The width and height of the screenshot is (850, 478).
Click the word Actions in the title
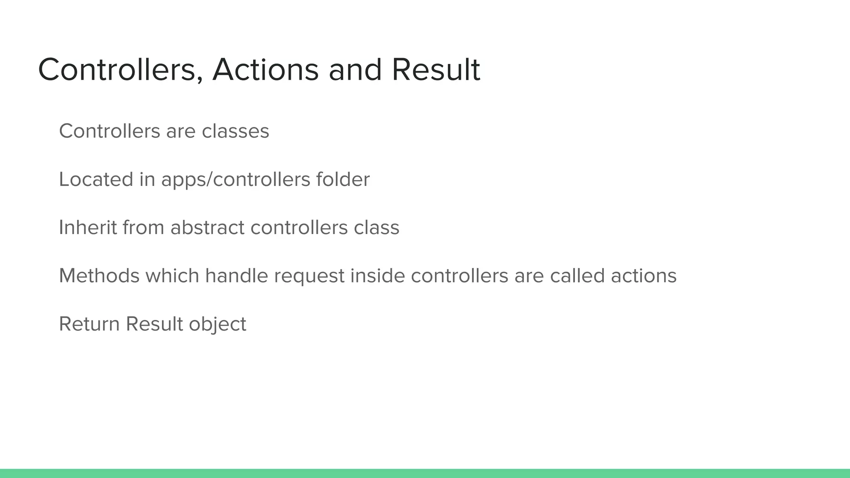click(266, 70)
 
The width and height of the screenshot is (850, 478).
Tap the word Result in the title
click(436, 70)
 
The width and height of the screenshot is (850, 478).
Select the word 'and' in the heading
click(355, 70)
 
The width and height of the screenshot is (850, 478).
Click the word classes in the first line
click(235, 131)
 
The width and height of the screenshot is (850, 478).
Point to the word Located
click(96, 179)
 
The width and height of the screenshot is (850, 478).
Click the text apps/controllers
click(235, 179)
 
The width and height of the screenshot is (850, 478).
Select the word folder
click(343, 179)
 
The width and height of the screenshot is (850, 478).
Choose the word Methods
click(99, 276)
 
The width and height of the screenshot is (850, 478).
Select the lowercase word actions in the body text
click(644, 276)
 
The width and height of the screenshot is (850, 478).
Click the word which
click(172, 276)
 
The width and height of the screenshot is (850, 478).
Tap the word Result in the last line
click(154, 324)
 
